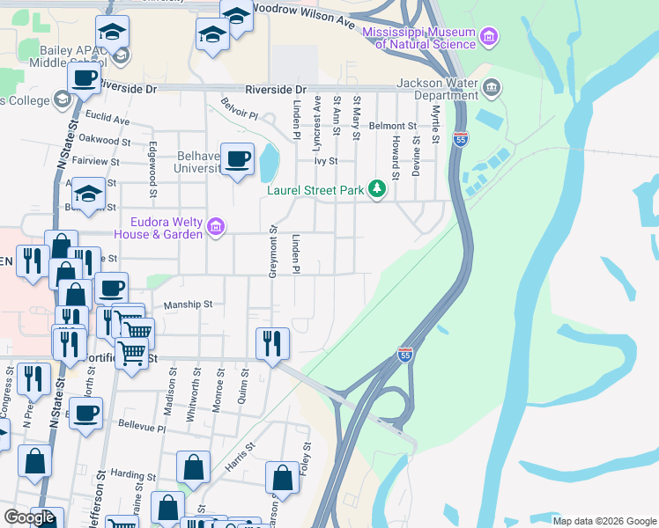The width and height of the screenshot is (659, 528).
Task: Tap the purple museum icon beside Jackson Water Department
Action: pos(492,87)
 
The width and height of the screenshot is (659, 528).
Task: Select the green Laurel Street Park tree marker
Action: pos(377,189)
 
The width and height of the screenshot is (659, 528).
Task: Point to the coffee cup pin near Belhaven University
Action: pos(237,160)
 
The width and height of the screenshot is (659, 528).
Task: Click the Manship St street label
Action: pos(189,304)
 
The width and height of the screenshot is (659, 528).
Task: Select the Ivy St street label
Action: pos(326,161)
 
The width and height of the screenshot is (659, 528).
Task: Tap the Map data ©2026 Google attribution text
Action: pos(604,521)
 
